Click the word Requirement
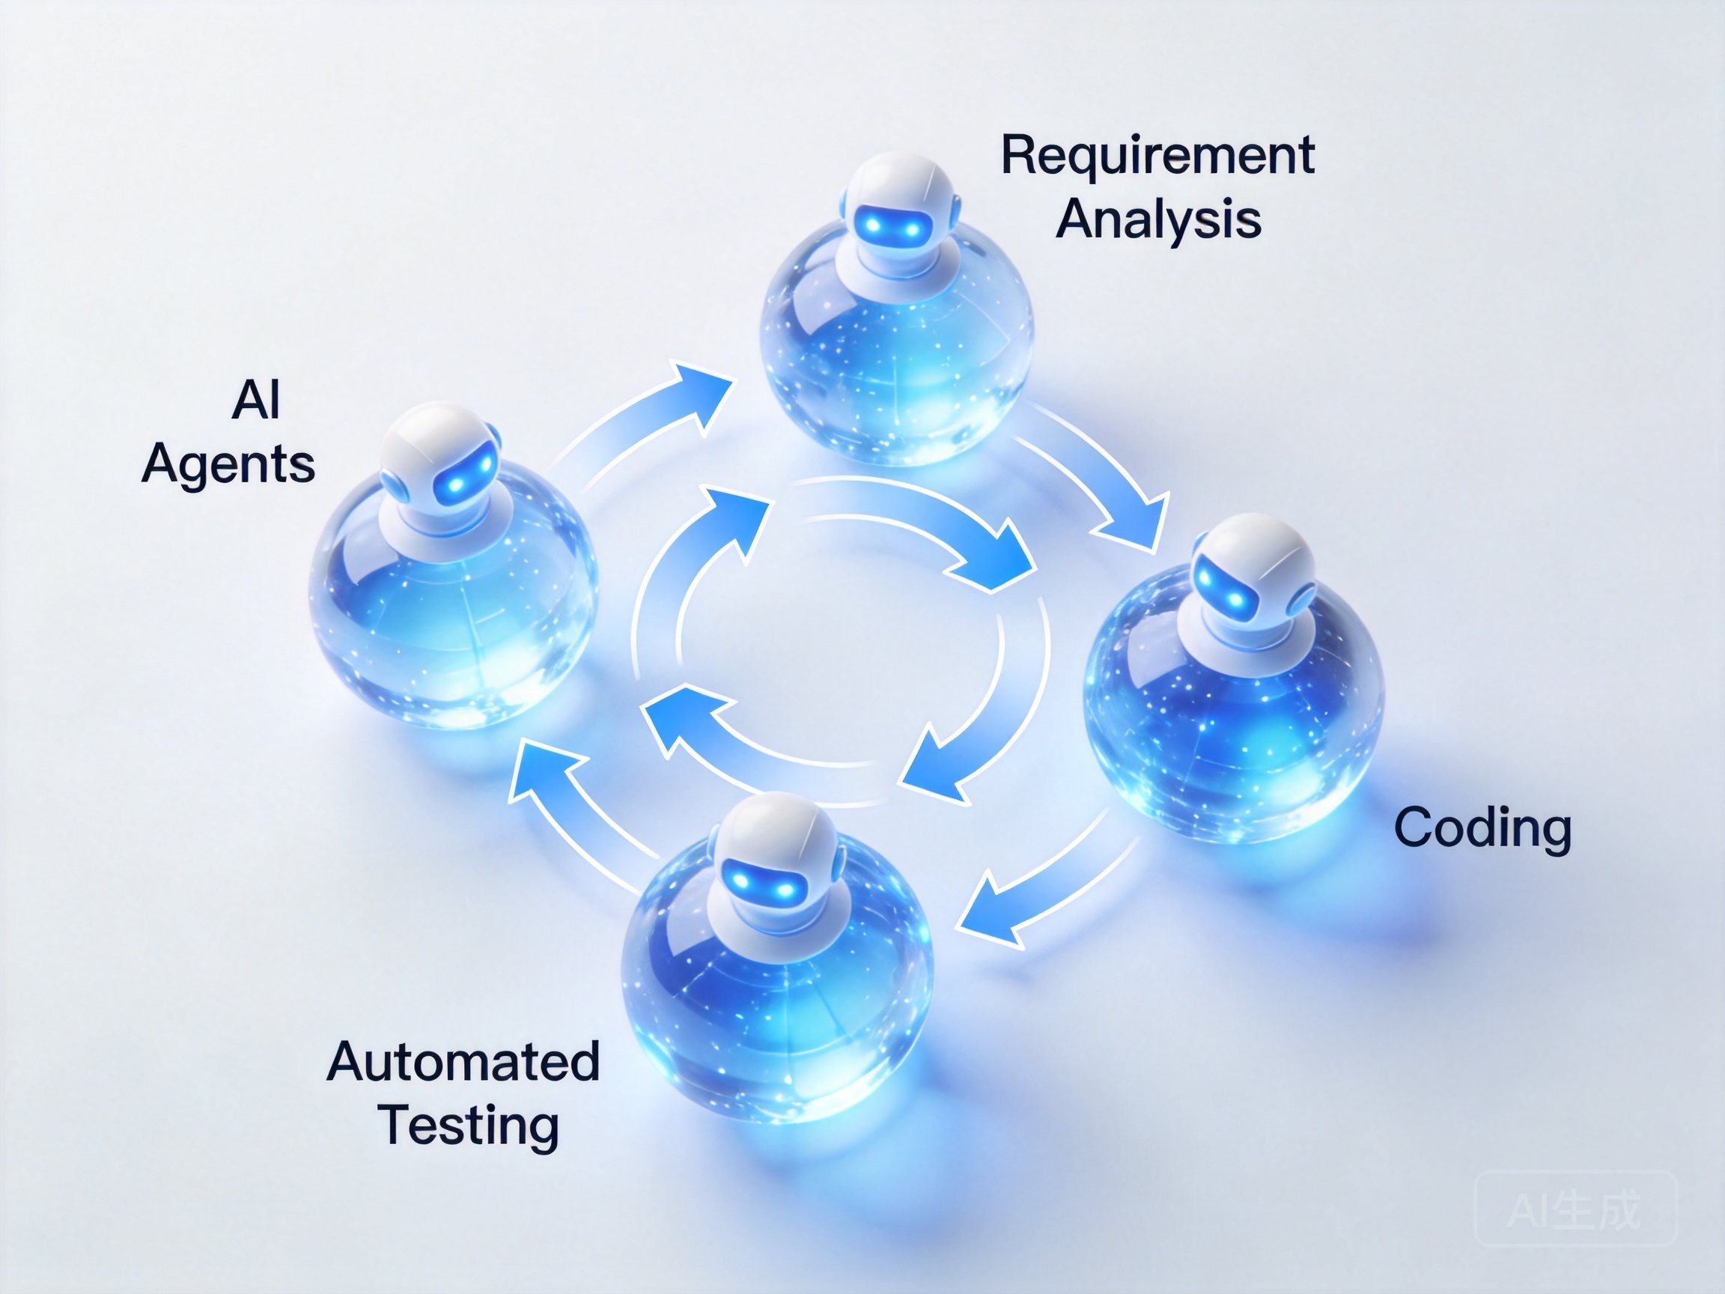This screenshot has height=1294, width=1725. point(1157,156)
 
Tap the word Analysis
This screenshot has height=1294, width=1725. point(1158,219)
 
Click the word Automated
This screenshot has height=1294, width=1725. point(463,1062)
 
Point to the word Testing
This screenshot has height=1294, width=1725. point(469,1126)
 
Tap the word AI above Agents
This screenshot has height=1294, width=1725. point(256,400)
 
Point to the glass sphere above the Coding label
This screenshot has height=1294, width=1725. point(1234,706)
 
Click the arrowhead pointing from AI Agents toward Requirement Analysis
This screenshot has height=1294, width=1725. point(698,395)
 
